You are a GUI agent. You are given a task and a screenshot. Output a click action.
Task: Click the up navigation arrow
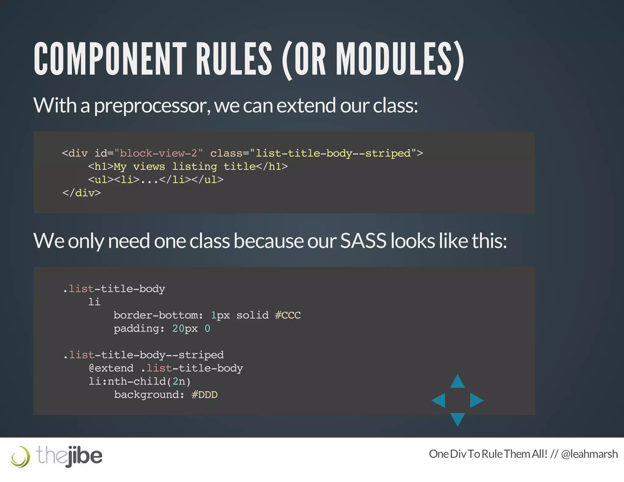[457, 382]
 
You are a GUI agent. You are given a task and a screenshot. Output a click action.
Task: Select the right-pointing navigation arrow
[476, 400]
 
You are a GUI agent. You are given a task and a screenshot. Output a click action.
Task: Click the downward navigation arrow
[457, 419]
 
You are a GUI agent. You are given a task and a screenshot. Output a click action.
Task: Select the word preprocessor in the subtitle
[152, 106]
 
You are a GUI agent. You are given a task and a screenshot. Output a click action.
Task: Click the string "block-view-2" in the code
[158, 153]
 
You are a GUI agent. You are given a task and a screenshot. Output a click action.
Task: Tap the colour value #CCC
[288, 315]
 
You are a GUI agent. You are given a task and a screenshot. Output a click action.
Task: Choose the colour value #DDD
[204, 395]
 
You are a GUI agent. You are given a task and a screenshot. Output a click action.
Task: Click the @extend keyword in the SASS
[111, 368]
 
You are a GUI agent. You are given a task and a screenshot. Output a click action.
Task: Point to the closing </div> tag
[81, 193]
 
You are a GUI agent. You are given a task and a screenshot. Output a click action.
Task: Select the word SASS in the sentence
[363, 241]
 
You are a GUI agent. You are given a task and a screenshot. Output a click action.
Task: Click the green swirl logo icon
[20, 456]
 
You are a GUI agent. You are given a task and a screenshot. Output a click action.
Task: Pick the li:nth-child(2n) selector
[139, 381]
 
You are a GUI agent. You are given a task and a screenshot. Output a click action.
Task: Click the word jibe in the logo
[85, 456]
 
